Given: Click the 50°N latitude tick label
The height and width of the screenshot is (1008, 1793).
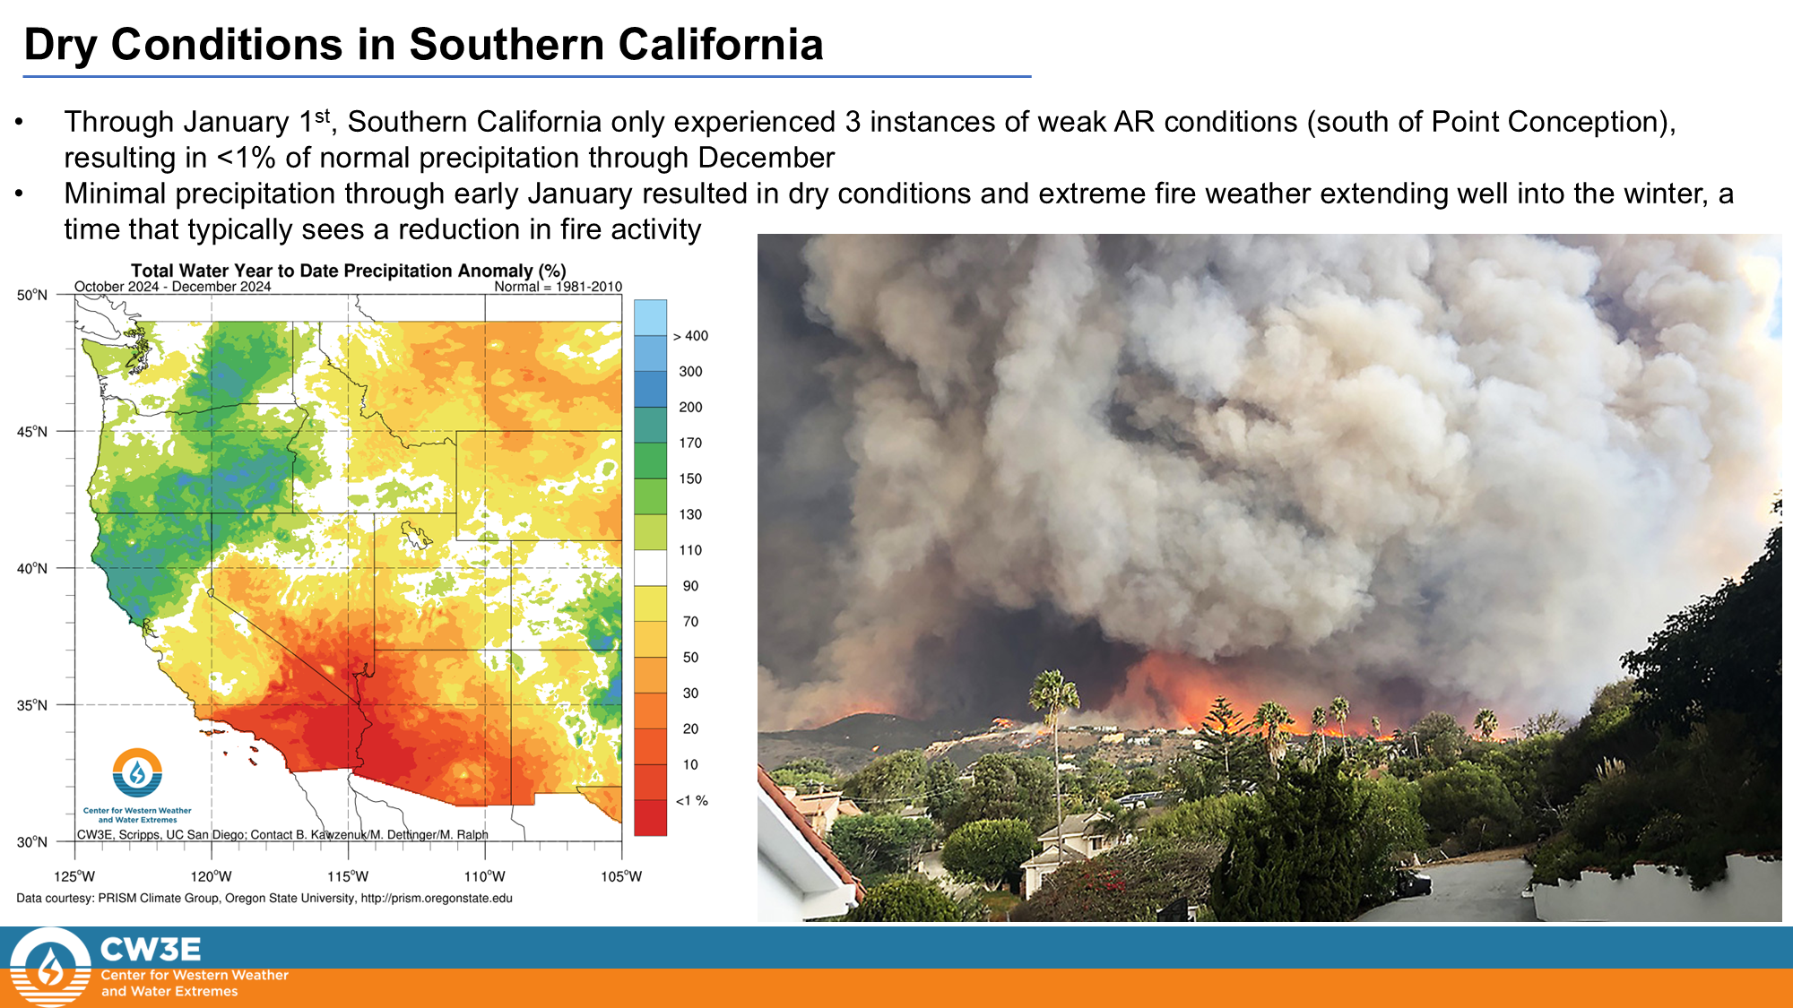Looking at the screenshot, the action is [x=32, y=295].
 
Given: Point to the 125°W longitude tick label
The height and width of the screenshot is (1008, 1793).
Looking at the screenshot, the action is [x=74, y=876].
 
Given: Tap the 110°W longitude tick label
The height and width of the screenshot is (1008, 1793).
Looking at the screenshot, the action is [x=485, y=876].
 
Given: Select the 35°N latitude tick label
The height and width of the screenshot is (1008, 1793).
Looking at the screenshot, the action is [x=32, y=705].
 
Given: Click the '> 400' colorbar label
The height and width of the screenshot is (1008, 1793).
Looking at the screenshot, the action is [x=690, y=336].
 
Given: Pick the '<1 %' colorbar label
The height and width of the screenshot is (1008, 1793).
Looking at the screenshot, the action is [x=691, y=800].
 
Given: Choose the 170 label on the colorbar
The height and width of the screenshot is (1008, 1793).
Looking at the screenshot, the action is [x=690, y=443].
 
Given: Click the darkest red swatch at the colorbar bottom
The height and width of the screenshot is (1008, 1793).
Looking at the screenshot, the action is [x=650, y=817].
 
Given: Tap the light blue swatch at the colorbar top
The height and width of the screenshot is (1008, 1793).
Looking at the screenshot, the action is [x=650, y=317].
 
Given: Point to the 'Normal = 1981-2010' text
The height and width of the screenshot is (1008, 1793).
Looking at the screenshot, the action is [x=558, y=287].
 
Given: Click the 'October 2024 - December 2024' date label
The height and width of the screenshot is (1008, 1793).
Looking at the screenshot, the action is [x=172, y=287].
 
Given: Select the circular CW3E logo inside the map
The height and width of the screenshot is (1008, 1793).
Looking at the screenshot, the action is [x=137, y=773].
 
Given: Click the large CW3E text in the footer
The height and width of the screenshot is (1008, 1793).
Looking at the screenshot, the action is [x=151, y=950].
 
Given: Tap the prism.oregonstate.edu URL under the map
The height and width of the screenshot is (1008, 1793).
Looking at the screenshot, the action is [x=437, y=898].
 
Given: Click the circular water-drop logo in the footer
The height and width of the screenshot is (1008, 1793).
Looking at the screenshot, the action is [x=50, y=968].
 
